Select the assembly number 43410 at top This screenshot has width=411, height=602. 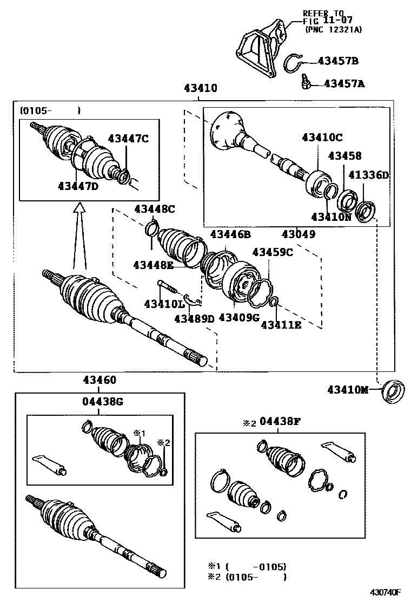click(201, 88)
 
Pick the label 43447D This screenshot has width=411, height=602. click(78, 186)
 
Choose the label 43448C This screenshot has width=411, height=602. click(155, 208)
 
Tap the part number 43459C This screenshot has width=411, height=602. click(273, 252)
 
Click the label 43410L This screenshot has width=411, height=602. click(164, 304)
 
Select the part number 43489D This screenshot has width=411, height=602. click(194, 318)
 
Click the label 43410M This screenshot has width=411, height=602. click(347, 389)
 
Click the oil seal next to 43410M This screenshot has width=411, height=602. click(393, 392)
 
